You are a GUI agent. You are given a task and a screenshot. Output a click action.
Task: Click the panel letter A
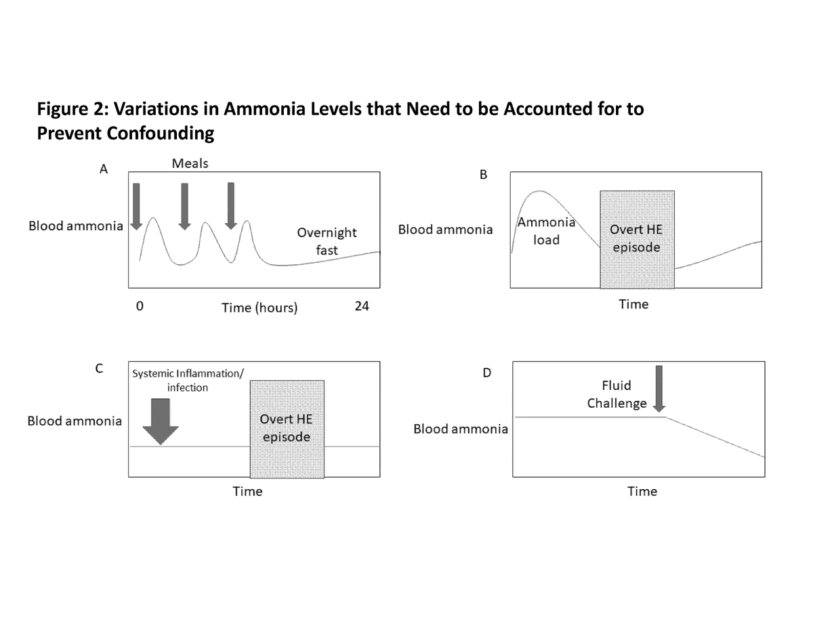[x=104, y=169]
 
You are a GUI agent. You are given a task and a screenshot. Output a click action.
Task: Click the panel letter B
[x=483, y=174]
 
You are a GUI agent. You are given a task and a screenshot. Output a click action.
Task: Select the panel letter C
[x=99, y=369]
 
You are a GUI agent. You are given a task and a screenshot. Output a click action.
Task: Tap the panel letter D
[x=486, y=373]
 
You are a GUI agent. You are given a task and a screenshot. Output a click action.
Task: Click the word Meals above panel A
[x=190, y=163]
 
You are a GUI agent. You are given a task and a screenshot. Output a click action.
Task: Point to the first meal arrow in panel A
[x=136, y=207]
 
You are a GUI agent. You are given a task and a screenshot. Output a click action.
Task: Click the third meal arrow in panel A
[x=231, y=206]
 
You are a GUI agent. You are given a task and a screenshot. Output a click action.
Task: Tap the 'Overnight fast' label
[x=327, y=241]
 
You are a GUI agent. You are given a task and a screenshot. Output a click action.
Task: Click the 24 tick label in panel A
[x=362, y=306]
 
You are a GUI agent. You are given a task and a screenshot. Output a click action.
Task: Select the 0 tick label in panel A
[x=140, y=306]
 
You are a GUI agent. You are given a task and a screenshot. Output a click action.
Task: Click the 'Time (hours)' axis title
[x=259, y=308]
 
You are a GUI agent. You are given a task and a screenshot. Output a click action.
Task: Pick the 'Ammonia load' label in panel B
[x=546, y=231]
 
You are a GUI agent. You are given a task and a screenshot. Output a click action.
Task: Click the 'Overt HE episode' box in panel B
[x=637, y=239]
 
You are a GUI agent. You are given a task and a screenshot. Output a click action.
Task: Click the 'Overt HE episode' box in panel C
[x=287, y=429]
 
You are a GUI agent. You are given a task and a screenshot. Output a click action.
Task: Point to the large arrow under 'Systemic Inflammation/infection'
[x=161, y=421]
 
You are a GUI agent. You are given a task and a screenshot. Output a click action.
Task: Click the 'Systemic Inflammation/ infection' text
[x=188, y=381]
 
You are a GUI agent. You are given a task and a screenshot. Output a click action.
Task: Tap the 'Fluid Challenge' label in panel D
[x=617, y=394]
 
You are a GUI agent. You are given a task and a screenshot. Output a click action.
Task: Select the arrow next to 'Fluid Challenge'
[x=659, y=389]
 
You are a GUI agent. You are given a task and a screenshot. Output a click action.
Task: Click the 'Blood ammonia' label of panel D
[x=461, y=429]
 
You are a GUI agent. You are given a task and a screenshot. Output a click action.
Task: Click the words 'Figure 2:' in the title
[x=72, y=110]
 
